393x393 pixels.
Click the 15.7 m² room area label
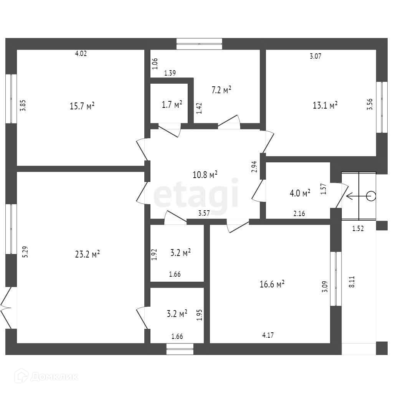82,106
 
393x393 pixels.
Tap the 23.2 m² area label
88,254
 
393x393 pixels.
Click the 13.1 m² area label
325,105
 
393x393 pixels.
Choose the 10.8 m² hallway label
205,175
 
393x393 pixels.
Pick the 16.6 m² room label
272,284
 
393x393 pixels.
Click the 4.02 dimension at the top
81,54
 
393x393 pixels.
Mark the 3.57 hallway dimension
204,214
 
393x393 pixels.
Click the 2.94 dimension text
254,167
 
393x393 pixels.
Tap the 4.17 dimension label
268,335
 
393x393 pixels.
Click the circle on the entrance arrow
371,196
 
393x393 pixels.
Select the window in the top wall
199,44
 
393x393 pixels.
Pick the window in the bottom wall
180,349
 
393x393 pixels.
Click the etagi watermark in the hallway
196,196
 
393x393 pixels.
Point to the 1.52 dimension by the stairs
358,229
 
